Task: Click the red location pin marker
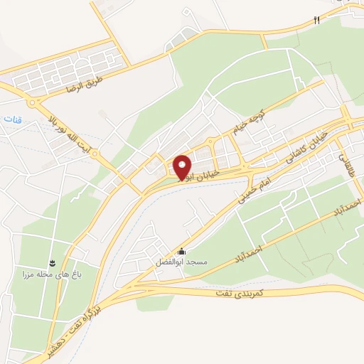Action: pyautogui.click(x=183, y=166)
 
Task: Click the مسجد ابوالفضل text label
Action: pyautogui.click(x=182, y=262)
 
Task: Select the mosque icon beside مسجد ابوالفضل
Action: pyautogui.click(x=182, y=251)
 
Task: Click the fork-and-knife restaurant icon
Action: pyautogui.click(x=317, y=21)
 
